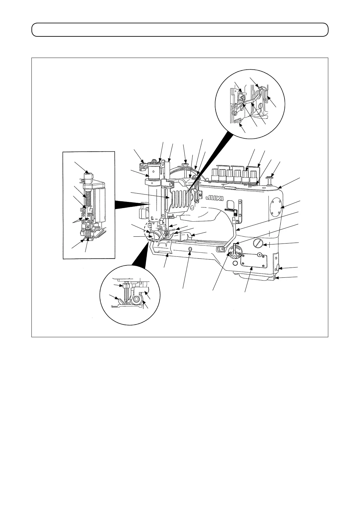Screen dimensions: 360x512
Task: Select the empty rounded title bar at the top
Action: [x=180, y=30]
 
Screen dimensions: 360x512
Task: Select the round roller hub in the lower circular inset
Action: [x=136, y=299]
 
